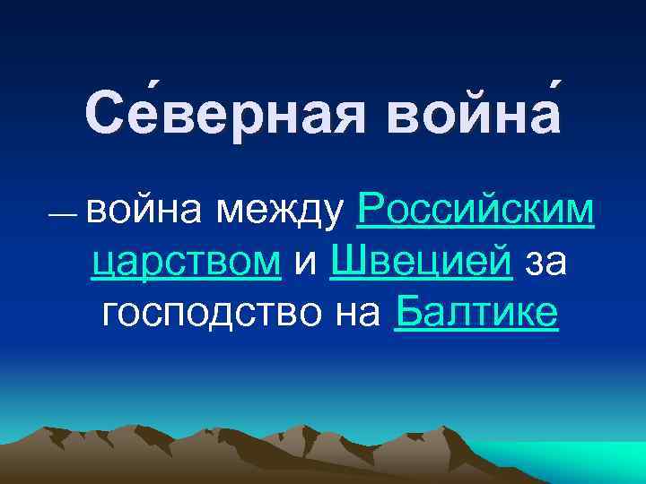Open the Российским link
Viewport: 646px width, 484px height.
[475, 211]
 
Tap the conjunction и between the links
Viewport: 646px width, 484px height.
[305, 262]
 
